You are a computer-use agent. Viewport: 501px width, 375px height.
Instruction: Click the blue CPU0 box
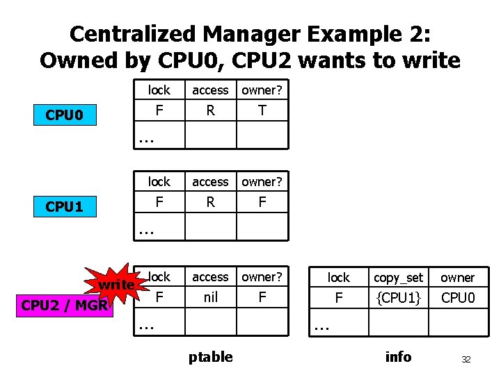pos(64,115)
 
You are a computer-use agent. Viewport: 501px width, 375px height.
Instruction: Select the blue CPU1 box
pos(64,206)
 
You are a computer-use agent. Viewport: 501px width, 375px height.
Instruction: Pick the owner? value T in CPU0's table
pos(262,110)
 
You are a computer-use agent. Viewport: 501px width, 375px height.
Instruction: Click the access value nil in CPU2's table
pos(210,297)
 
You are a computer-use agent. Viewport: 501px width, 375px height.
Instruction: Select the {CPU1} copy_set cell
pos(398,298)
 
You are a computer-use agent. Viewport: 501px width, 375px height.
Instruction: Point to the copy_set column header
pos(398,278)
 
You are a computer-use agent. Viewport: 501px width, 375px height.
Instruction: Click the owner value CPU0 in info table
pos(457,298)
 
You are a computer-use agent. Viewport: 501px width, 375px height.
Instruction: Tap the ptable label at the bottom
pos(210,357)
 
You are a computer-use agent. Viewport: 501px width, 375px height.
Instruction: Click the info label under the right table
pos(398,357)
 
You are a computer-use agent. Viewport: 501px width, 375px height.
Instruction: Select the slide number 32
pos(466,360)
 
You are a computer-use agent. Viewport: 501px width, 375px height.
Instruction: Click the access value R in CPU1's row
pos(210,202)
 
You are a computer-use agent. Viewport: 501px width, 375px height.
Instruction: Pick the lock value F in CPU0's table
pos(159,110)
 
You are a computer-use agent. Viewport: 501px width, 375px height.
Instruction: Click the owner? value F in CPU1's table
pos(262,202)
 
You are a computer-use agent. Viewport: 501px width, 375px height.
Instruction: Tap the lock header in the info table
pos(339,278)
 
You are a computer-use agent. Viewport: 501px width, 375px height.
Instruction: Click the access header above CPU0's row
pos(210,90)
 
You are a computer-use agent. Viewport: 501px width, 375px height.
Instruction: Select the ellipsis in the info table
pos(321,324)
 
